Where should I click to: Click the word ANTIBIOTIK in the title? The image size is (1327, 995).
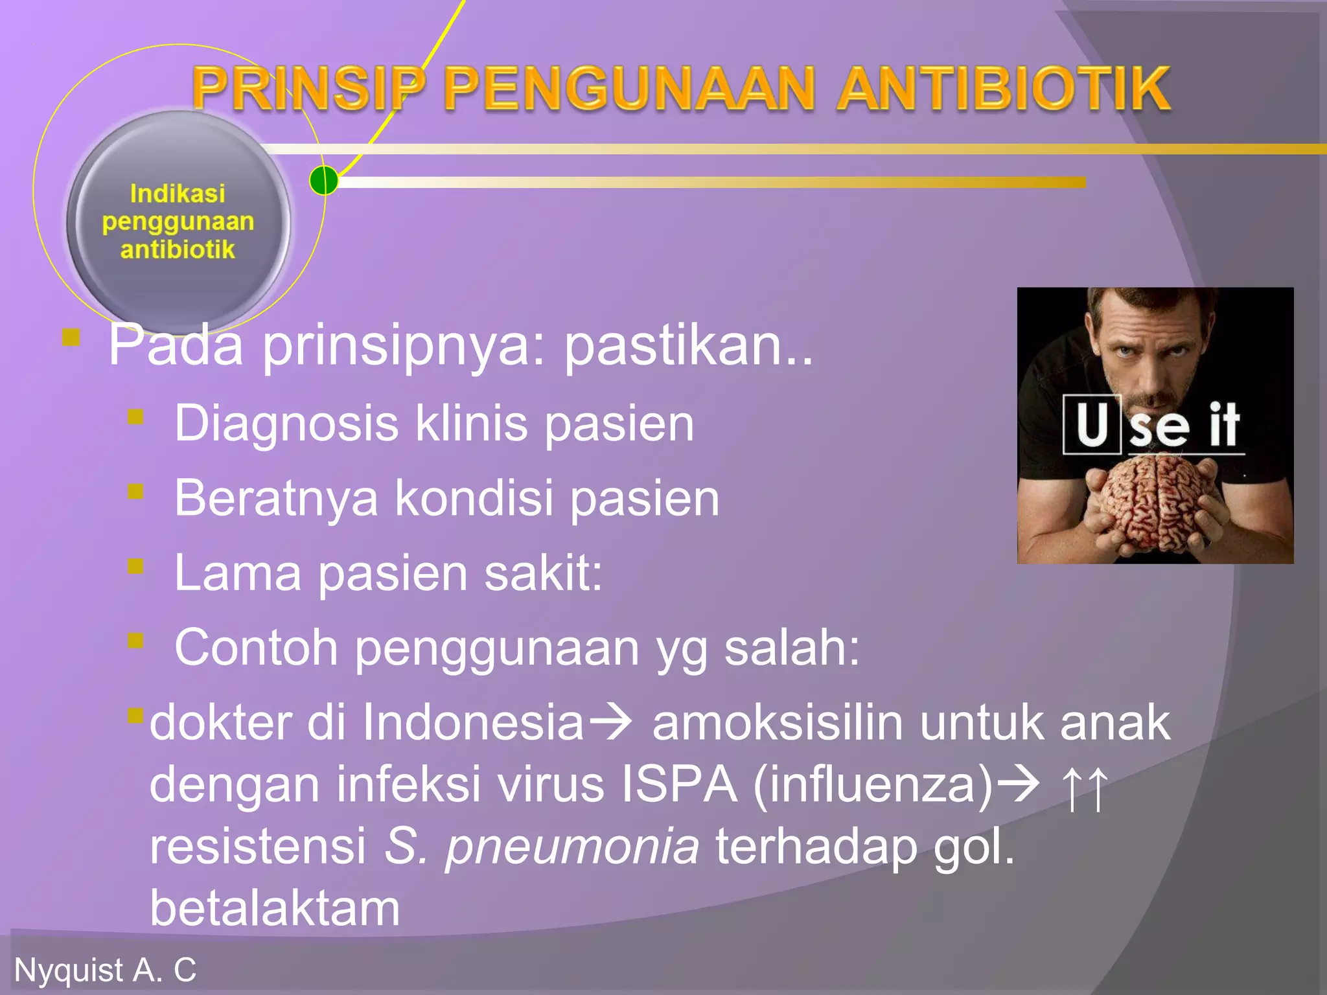point(1003,89)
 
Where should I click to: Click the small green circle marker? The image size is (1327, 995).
point(323,180)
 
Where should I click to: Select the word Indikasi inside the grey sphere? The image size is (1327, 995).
point(178,193)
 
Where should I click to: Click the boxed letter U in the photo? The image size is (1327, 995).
point(1092,424)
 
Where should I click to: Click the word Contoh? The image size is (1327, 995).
point(256,647)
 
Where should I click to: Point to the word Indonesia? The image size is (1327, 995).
point(473,722)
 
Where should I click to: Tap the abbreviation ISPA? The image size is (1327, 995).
point(678,784)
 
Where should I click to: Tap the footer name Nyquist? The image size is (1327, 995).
point(69,970)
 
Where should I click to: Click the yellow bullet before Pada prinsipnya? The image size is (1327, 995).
point(71,338)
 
